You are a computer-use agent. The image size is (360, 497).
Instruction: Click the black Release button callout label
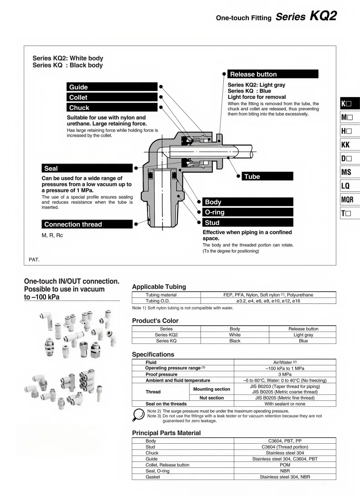(x=273, y=74)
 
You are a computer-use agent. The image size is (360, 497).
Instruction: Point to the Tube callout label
(x=267, y=177)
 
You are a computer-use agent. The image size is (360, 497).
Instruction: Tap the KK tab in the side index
(x=350, y=145)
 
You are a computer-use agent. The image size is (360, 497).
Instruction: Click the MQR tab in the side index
(x=350, y=200)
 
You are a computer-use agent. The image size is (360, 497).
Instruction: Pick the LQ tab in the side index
(x=350, y=186)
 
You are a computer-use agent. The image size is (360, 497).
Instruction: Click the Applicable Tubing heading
(x=159, y=287)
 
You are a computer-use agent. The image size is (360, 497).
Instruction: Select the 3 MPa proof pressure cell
(x=285, y=374)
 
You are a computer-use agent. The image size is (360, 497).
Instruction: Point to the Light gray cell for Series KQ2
(x=303, y=335)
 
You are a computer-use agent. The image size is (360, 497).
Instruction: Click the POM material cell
(x=285, y=465)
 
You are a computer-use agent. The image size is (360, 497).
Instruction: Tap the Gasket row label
(x=153, y=477)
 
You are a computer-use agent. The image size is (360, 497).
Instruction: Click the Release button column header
(x=303, y=329)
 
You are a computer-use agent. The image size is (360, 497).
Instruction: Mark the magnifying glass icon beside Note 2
(x=138, y=415)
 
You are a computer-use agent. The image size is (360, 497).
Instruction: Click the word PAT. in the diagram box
(x=34, y=260)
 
